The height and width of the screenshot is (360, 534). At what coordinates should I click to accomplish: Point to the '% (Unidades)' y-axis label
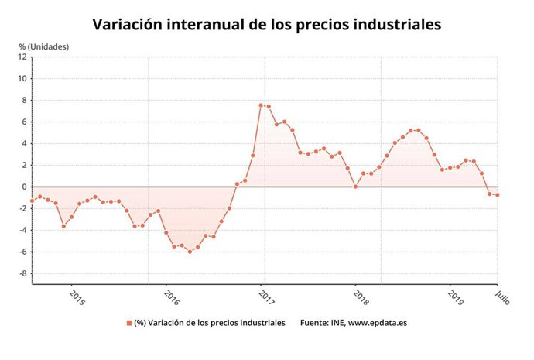[44, 46]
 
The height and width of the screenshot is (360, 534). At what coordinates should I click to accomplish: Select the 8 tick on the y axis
[24, 100]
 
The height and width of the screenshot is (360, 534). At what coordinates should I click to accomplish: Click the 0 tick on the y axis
[24, 187]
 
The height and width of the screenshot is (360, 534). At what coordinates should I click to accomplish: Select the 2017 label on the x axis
[267, 297]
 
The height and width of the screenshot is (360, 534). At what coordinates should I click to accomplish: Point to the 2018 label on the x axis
[361, 297]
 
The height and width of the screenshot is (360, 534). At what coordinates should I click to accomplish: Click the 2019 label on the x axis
[457, 297]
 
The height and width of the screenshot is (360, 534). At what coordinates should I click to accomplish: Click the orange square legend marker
[129, 323]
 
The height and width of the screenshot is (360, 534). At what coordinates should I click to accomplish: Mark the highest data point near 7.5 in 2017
[261, 105]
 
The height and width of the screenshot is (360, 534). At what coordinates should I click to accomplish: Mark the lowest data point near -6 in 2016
[190, 252]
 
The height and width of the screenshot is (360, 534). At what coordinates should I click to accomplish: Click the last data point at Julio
[497, 195]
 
